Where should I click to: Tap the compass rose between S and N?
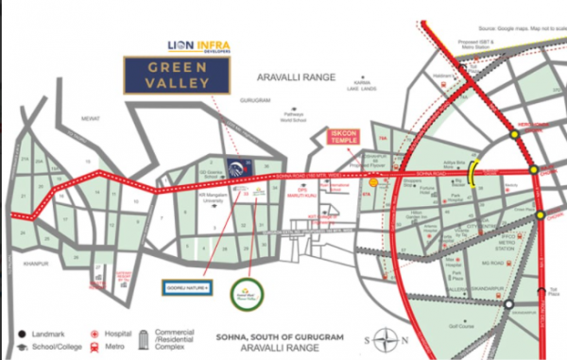(x=381, y=337)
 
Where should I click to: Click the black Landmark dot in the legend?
(x=20, y=334)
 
